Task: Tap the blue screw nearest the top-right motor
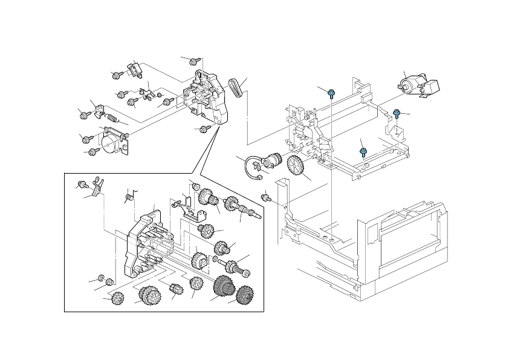pyautogui.click(x=397, y=113)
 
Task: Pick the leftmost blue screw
pyautogui.click(x=331, y=93)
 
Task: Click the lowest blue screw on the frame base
pyautogui.click(x=363, y=151)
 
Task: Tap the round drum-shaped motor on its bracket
pyautogui.click(x=112, y=143)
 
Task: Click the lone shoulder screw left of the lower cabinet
pyautogui.click(x=265, y=197)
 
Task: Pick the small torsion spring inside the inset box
pyautogui.click(x=128, y=197)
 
